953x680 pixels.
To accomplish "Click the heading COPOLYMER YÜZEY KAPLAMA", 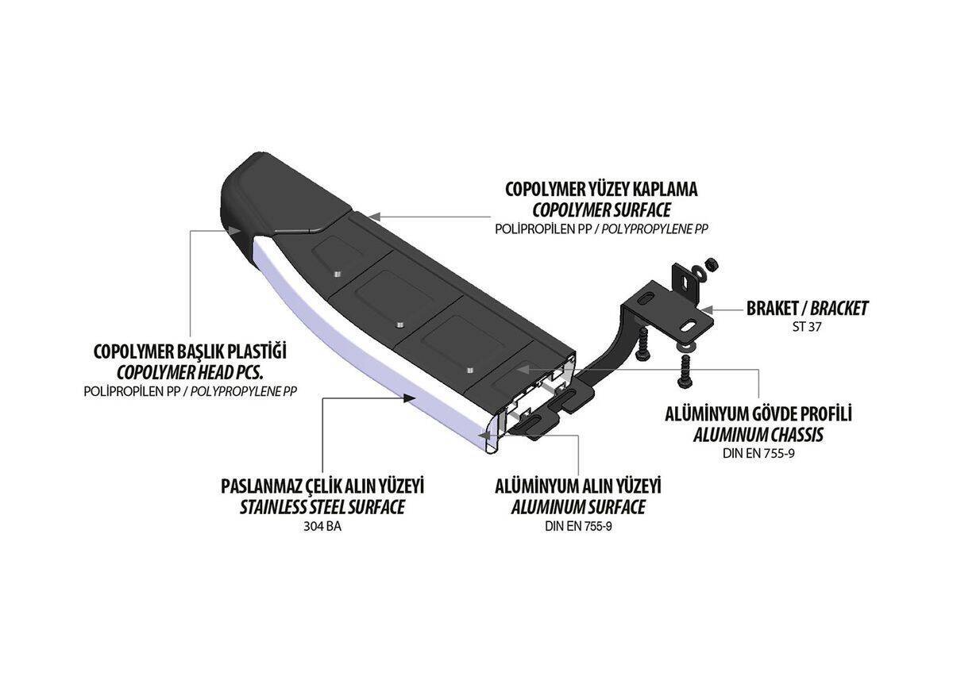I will point(601,190).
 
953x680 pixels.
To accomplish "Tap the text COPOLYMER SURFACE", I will point(601,210).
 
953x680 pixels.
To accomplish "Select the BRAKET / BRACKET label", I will point(807,308).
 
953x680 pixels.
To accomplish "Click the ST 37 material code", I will point(807,326).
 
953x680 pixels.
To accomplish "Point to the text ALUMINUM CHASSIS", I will point(758,435).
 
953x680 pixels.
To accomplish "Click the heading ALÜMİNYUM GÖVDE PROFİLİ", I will point(758,415).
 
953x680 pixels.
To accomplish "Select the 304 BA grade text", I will point(322,525).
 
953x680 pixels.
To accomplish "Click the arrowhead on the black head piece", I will point(236,229).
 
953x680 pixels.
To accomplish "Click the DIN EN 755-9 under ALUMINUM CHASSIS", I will point(758,453).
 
